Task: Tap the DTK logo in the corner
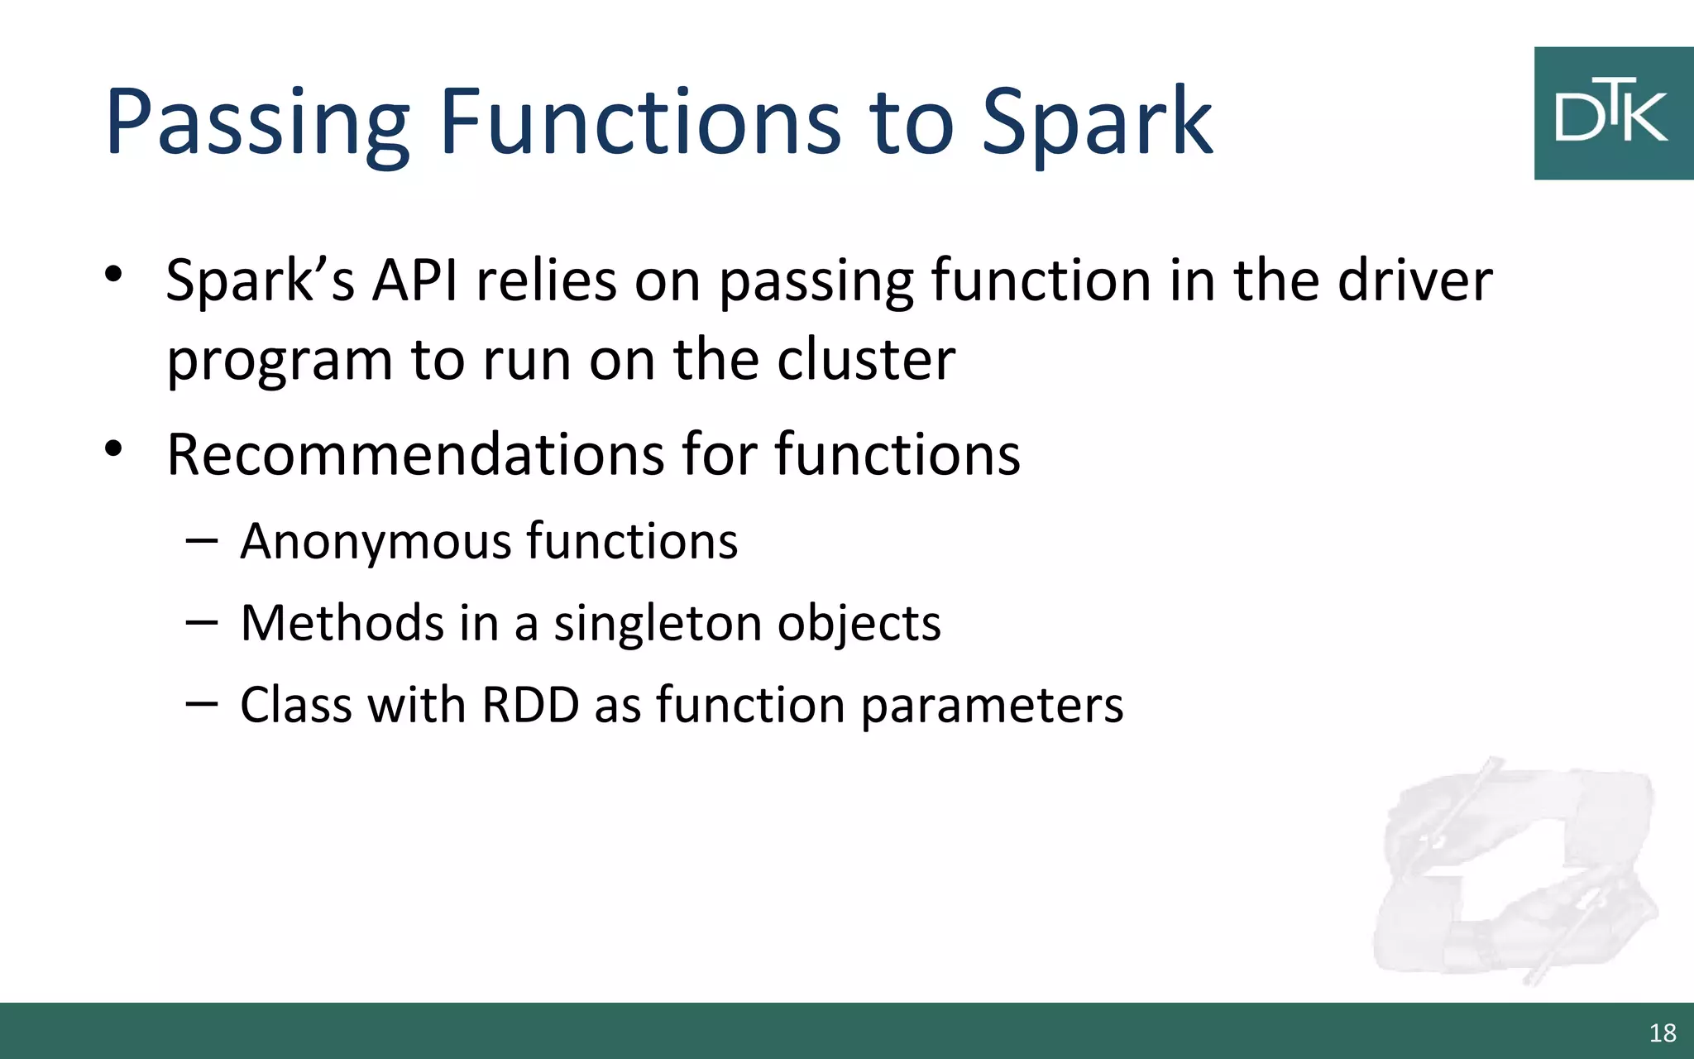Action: coord(1612,113)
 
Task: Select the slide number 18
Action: coord(1662,1033)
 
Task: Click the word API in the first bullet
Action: coord(415,280)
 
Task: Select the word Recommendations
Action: coord(414,454)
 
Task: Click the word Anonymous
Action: coord(376,542)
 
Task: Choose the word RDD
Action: coord(530,705)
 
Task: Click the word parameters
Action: coord(992,707)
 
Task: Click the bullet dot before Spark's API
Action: coord(113,274)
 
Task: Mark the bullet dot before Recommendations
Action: coord(113,448)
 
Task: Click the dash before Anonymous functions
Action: coord(202,542)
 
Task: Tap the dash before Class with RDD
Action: coord(202,704)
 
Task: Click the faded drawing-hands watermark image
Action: coord(1514,869)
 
